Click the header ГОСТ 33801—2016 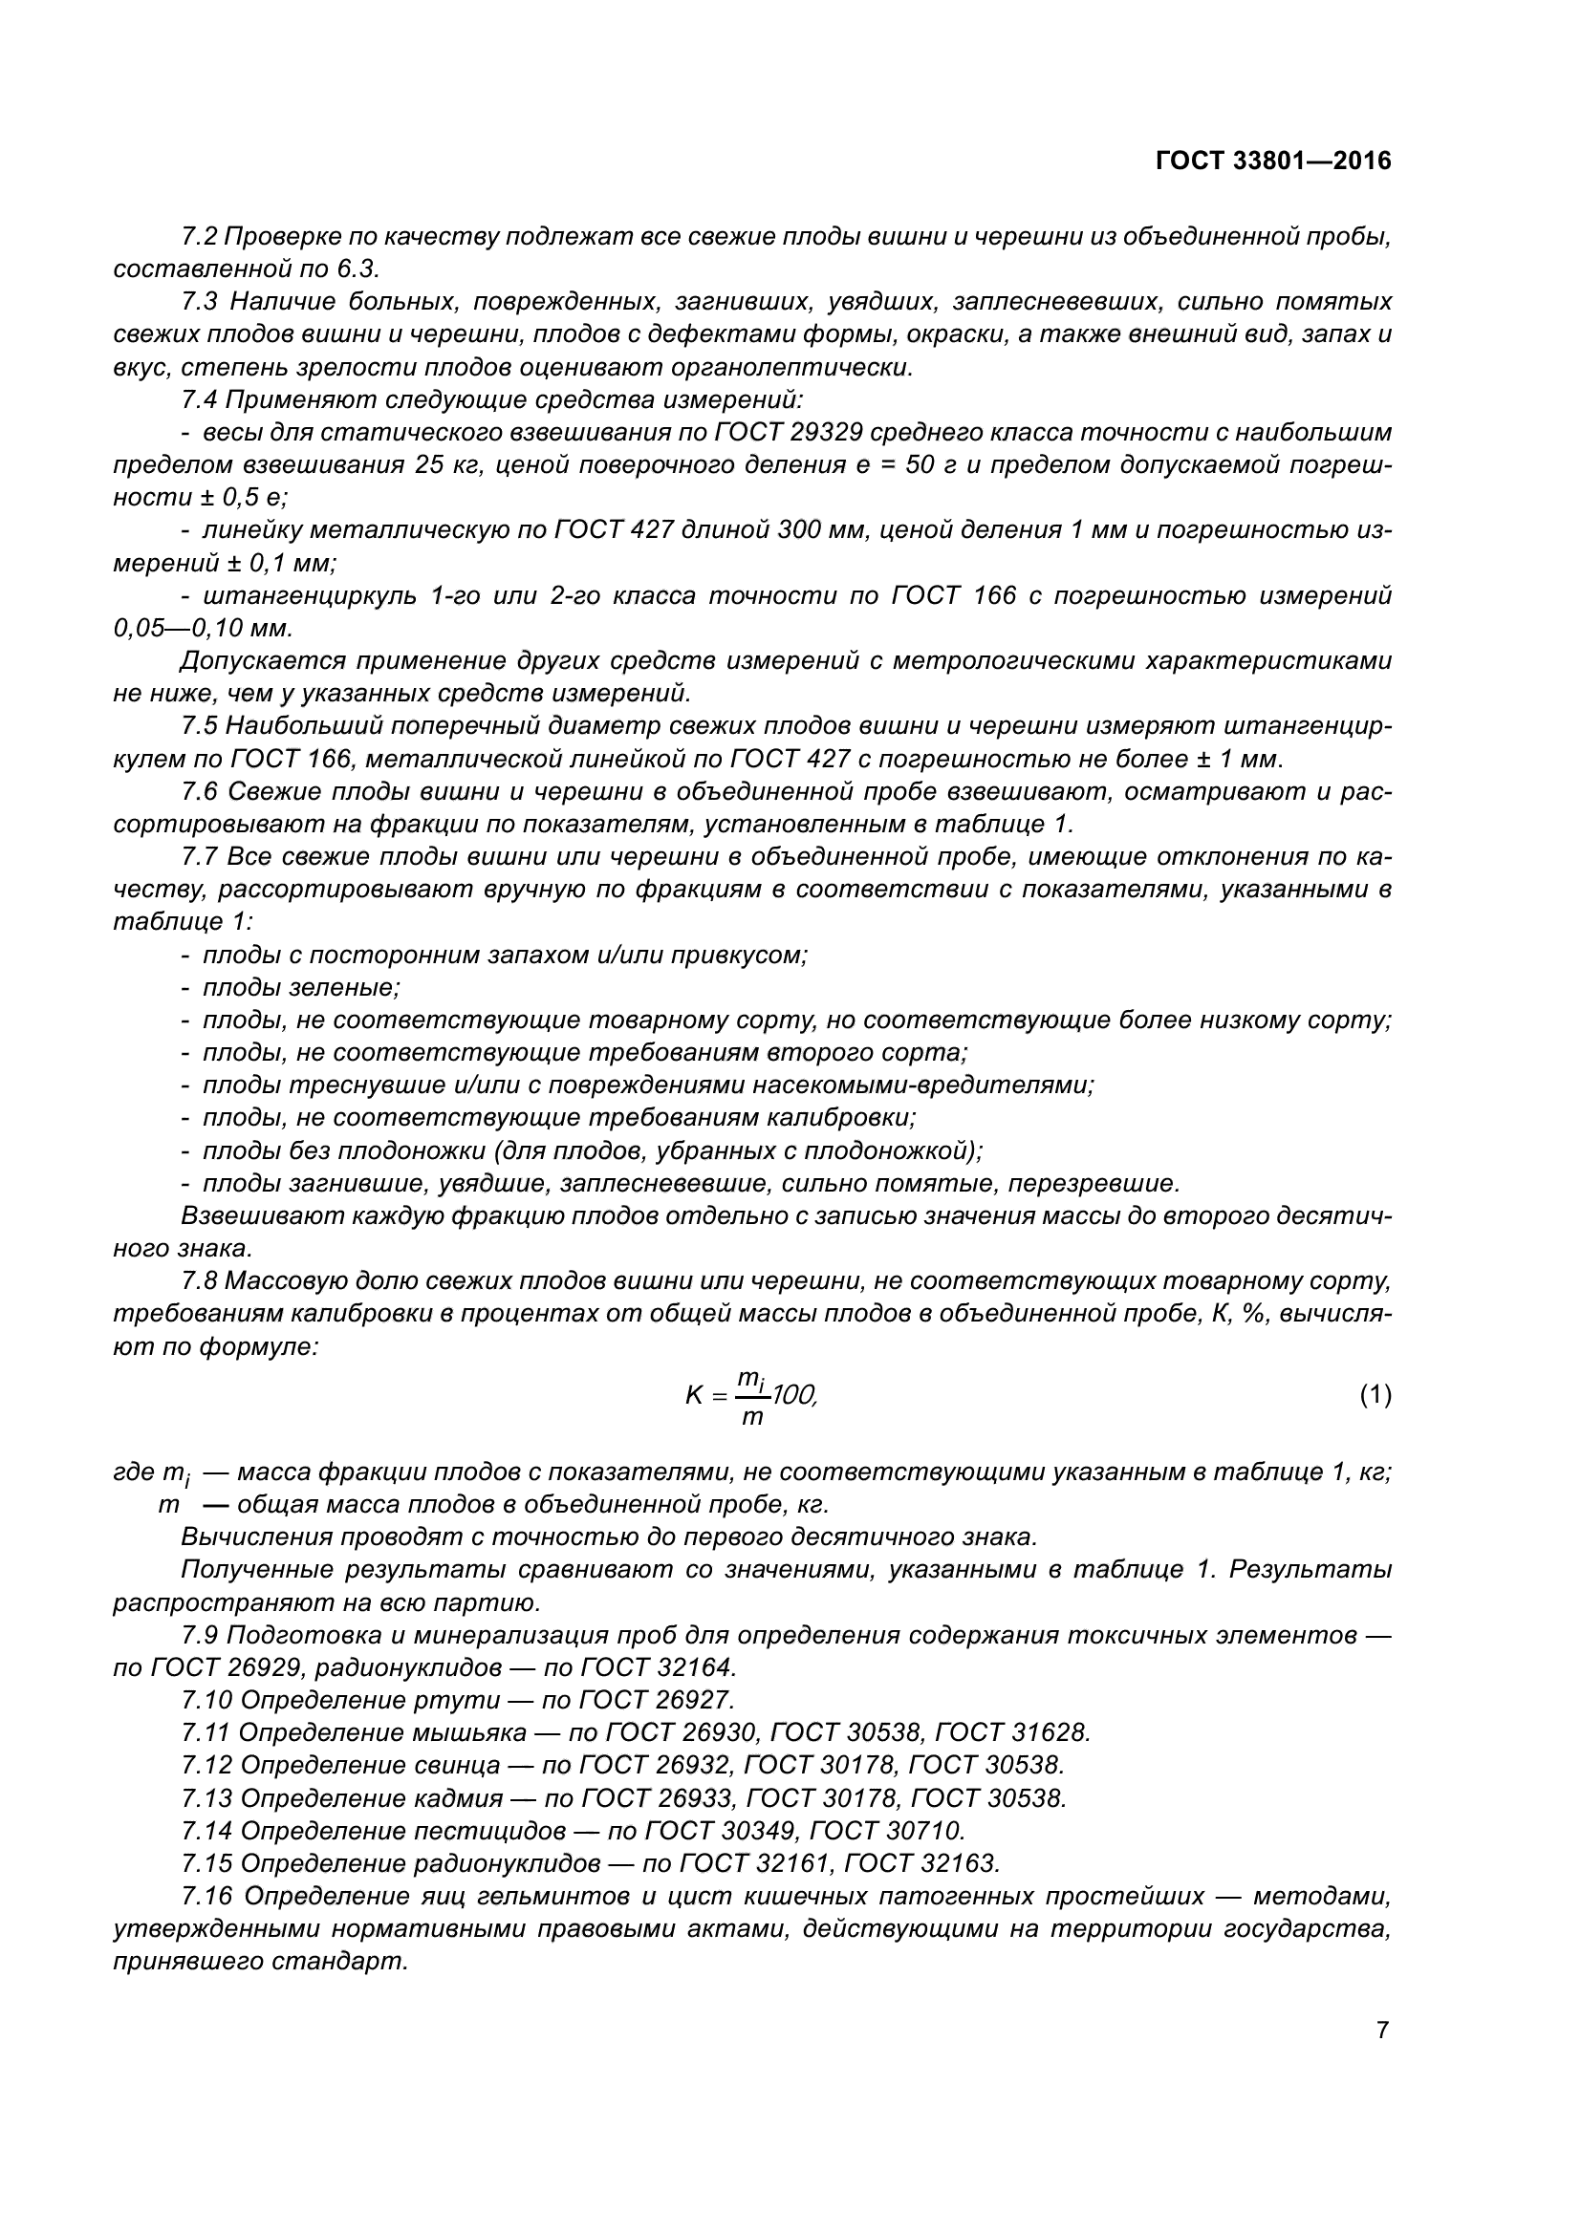pyautogui.click(x=1273, y=161)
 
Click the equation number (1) pyautogui.click(x=1375, y=1395)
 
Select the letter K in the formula pyautogui.click(x=694, y=1396)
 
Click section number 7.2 pyautogui.click(x=201, y=237)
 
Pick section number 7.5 pyautogui.click(x=201, y=726)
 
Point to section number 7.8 pyautogui.click(x=201, y=1281)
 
